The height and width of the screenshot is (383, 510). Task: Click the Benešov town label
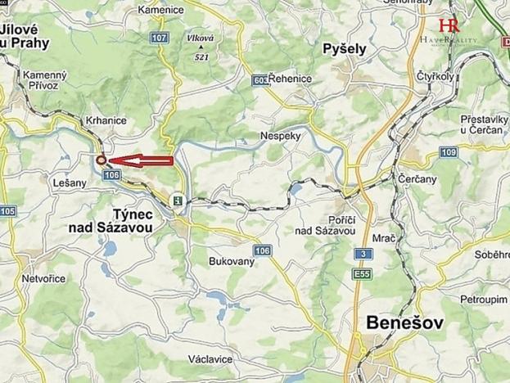pos(404,322)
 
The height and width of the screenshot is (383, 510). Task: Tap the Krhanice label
pos(106,120)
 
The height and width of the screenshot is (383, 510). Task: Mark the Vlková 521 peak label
pos(199,48)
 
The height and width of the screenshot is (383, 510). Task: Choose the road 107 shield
pos(160,38)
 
